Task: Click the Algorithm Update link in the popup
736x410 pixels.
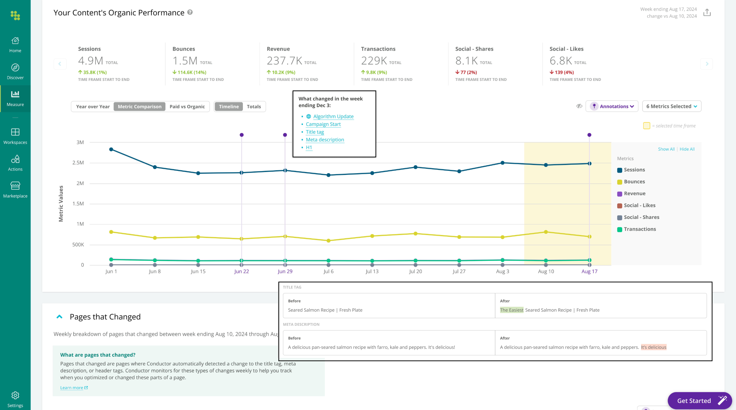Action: (333, 117)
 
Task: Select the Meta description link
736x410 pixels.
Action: (325, 140)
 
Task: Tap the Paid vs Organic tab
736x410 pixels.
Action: (187, 107)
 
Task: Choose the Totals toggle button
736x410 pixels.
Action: (254, 107)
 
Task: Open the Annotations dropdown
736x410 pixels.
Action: (612, 106)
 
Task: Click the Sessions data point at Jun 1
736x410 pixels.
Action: (111, 149)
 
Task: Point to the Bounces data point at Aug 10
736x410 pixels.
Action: (546, 232)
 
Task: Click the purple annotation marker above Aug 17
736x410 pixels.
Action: (589, 135)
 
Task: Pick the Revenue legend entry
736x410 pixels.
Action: (634, 194)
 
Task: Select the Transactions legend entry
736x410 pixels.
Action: (639, 229)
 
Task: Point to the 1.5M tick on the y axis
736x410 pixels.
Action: (78, 204)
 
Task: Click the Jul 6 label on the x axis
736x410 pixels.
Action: (328, 271)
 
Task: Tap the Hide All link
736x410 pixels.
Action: (687, 149)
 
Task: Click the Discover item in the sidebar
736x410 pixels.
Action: (15, 71)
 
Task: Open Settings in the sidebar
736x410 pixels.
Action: (15, 399)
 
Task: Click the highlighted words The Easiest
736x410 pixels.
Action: (511, 310)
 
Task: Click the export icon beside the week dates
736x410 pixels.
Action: (707, 13)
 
